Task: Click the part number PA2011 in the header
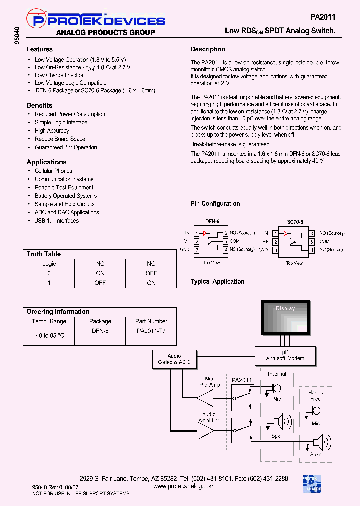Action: (323, 17)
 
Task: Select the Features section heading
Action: (39, 49)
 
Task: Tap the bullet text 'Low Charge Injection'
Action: (60, 75)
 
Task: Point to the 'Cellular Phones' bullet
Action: (53, 171)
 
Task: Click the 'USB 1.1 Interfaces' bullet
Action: (56, 221)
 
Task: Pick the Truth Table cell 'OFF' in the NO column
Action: (151, 273)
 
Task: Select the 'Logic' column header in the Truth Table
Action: (49, 264)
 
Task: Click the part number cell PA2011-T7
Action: (151, 331)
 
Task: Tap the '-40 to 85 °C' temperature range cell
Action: (49, 335)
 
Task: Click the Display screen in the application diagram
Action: (285, 318)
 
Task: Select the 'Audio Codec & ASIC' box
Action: (174, 359)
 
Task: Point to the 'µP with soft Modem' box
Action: (284, 355)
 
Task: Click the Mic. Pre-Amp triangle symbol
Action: (205, 398)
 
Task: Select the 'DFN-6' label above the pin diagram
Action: (212, 221)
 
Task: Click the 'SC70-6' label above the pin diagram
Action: (294, 221)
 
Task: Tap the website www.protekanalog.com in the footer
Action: (184, 486)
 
